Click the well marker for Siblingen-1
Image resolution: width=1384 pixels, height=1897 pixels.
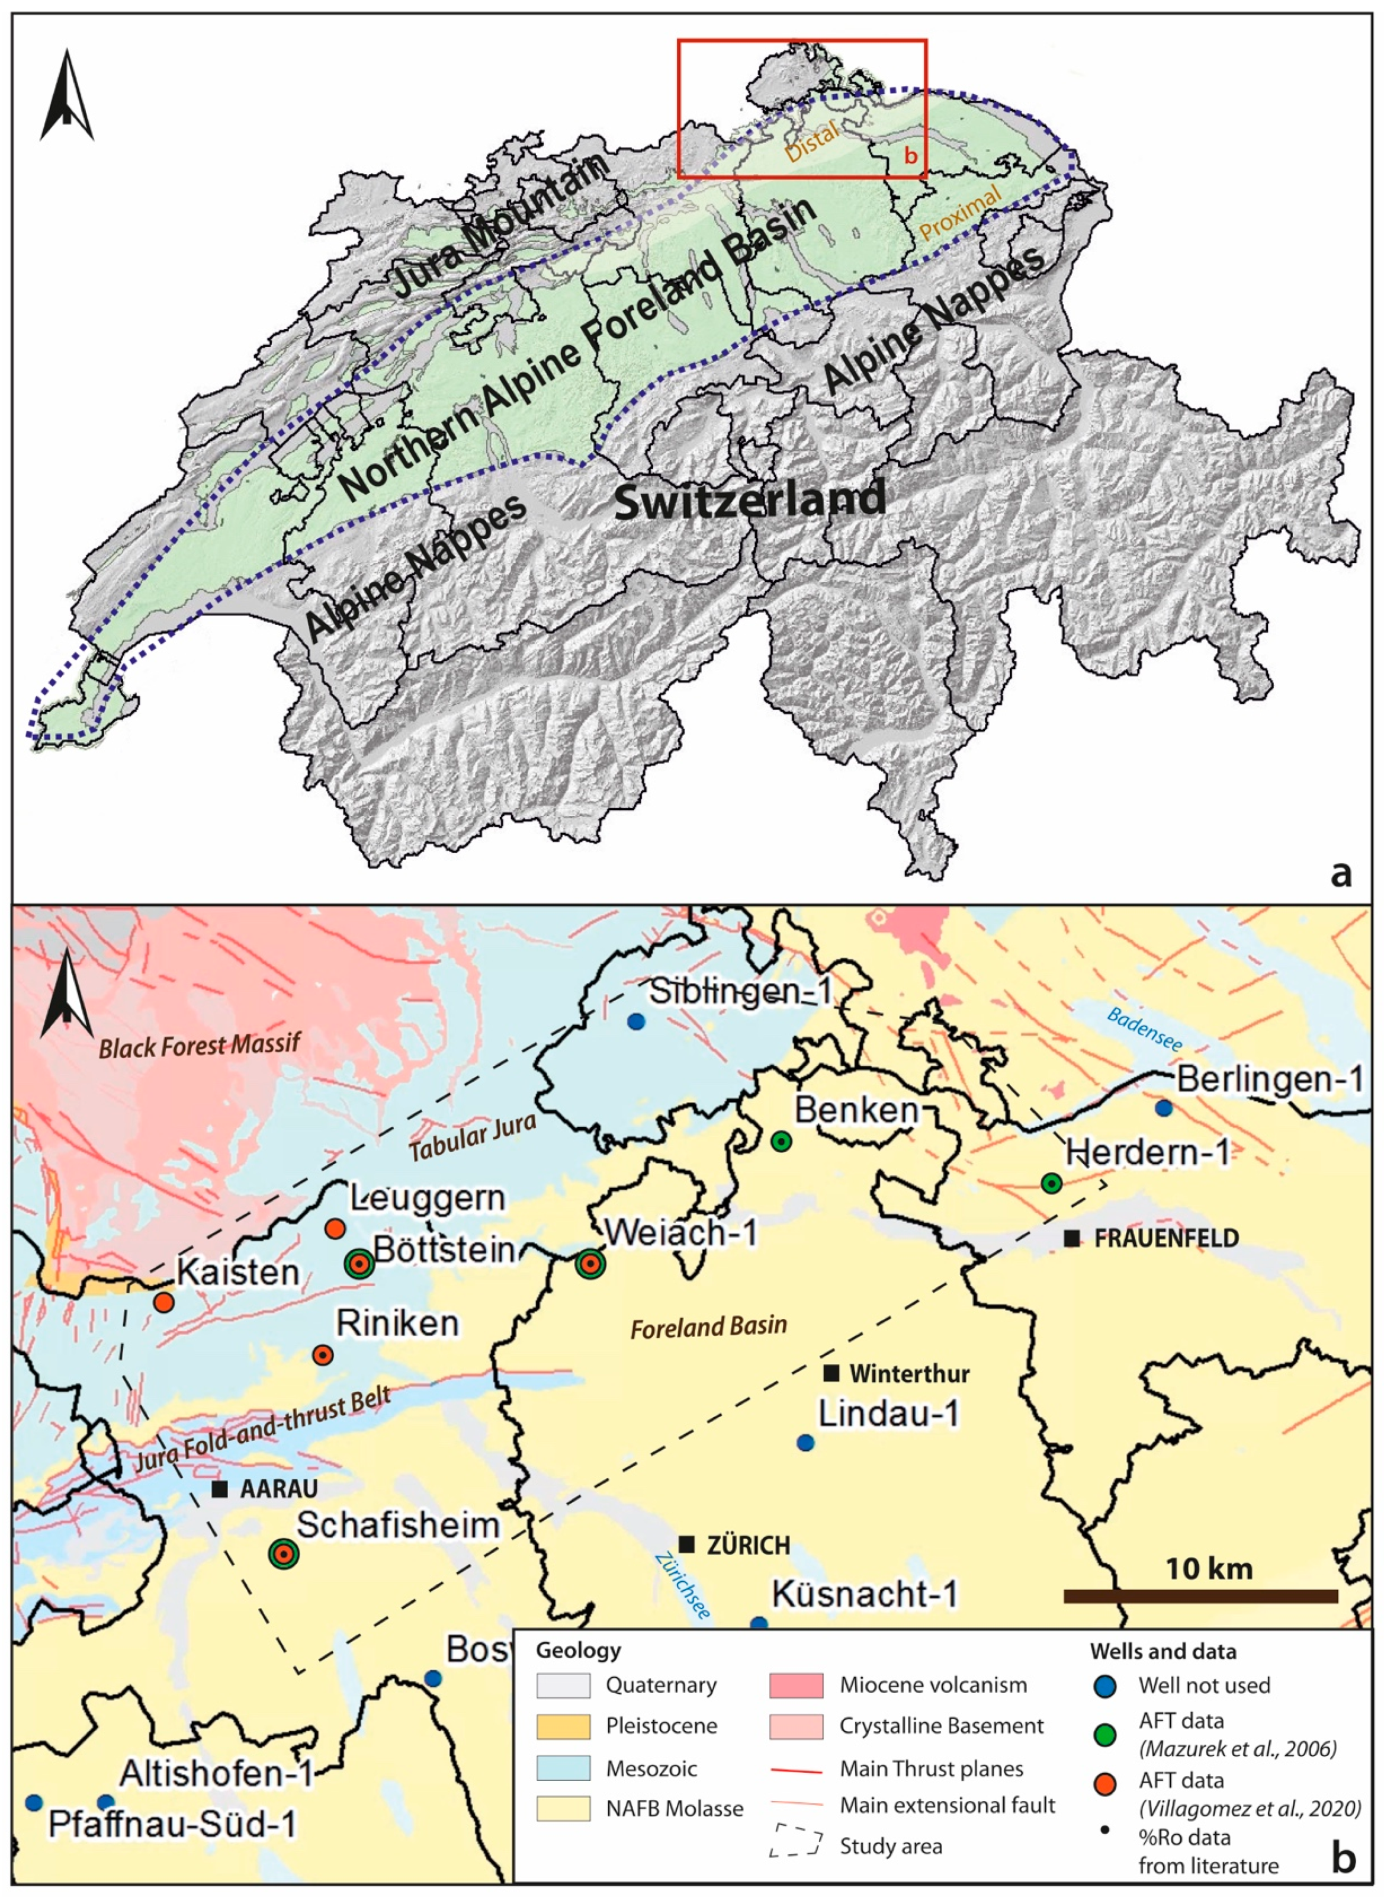click(x=636, y=1021)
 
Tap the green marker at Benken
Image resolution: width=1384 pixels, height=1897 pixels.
click(x=781, y=1141)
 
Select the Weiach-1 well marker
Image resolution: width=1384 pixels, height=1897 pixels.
click(x=590, y=1264)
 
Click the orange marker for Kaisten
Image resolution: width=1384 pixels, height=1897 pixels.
click(x=164, y=1302)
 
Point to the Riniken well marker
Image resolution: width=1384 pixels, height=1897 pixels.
click(x=323, y=1355)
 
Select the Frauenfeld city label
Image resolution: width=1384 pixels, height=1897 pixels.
click(x=1165, y=1238)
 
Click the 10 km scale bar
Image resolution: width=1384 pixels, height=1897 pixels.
click(x=1200, y=1596)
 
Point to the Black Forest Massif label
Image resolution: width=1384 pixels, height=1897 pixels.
click(x=200, y=1046)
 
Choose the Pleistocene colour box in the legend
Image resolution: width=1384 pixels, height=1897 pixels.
click(x=563, y=1726)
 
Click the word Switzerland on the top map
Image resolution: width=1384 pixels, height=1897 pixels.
click(x=750, y=500)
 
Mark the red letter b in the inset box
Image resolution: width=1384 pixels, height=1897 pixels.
click(x=911, y=155)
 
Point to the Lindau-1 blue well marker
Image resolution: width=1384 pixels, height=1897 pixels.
click(x=805, y=1443)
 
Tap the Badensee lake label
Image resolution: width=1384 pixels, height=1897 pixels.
click(x=1144, y=1030)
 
